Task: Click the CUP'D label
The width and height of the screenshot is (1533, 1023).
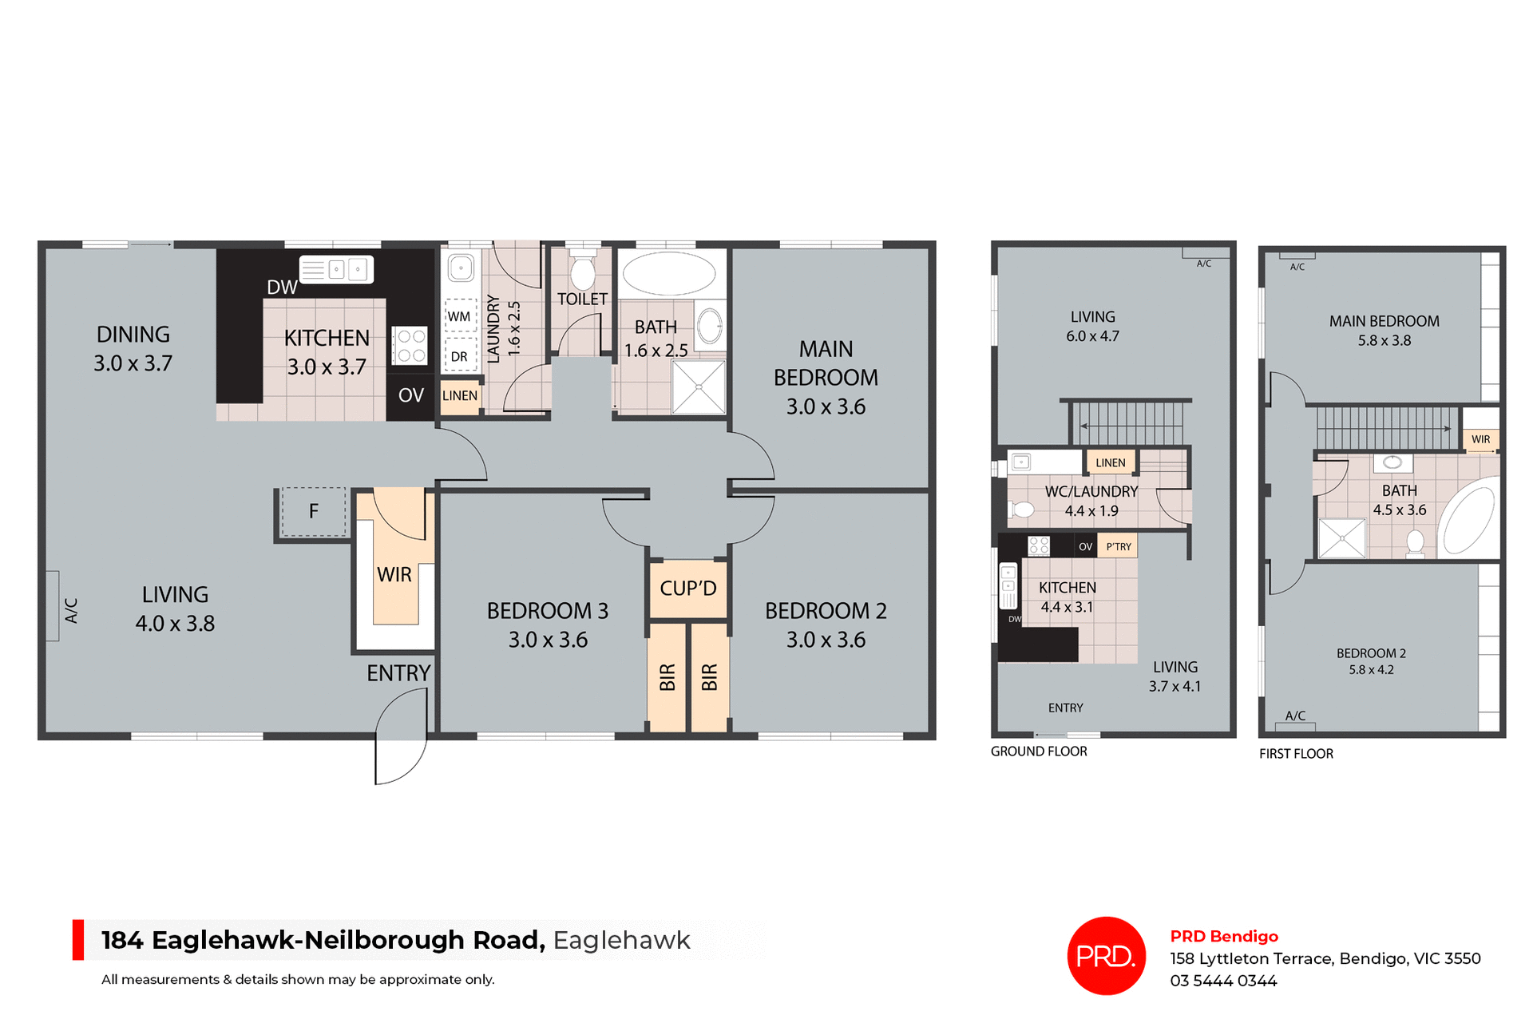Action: [687, 589]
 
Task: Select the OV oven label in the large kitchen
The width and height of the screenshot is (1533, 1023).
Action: [410, 395]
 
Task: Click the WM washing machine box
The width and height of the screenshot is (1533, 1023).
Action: [459, 316]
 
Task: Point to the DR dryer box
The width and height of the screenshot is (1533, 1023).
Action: [459, 356]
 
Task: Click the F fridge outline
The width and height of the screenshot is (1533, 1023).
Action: [314, 511]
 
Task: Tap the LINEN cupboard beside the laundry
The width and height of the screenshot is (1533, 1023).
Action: [460, 396]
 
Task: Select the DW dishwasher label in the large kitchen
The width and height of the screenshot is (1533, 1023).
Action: [282, 287]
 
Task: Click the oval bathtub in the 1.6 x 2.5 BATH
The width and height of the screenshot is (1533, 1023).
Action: [669, 274]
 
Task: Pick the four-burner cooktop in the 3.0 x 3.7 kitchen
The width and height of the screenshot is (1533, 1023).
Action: [410, 346]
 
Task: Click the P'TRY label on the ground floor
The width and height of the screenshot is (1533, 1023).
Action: [1118, 547]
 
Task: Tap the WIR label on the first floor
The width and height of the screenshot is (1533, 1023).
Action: [1480, 439]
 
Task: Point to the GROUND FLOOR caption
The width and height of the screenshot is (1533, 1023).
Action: [1039, 751]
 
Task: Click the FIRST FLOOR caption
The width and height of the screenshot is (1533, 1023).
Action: [1296, 754]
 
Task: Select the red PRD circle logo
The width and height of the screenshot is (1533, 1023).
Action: [1106, 956]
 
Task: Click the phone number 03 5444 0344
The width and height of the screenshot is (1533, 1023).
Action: [1223, 981]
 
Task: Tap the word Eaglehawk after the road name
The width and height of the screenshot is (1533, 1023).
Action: [621, 940]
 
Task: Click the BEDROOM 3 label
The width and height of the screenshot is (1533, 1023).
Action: [548, 611]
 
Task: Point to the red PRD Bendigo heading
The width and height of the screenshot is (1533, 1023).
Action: [1224, 936]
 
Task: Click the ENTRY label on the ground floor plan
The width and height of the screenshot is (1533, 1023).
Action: [1065, 708]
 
